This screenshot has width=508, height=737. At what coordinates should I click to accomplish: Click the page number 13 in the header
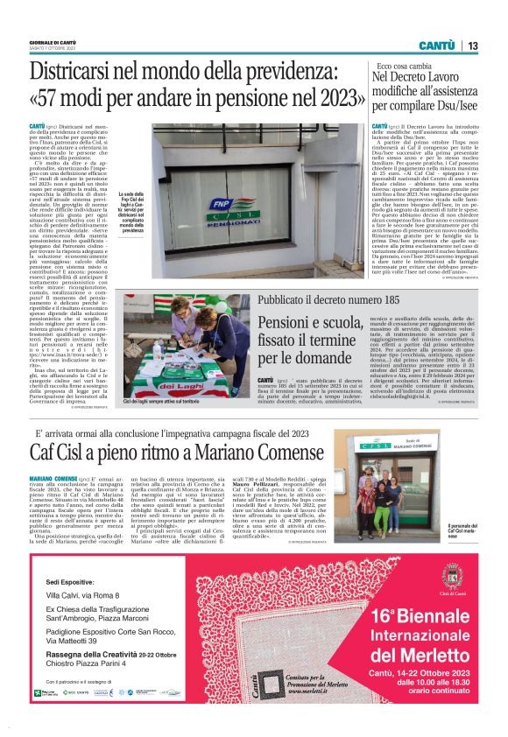point(473,46)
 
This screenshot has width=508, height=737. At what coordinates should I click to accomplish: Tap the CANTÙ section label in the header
point(435,46)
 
